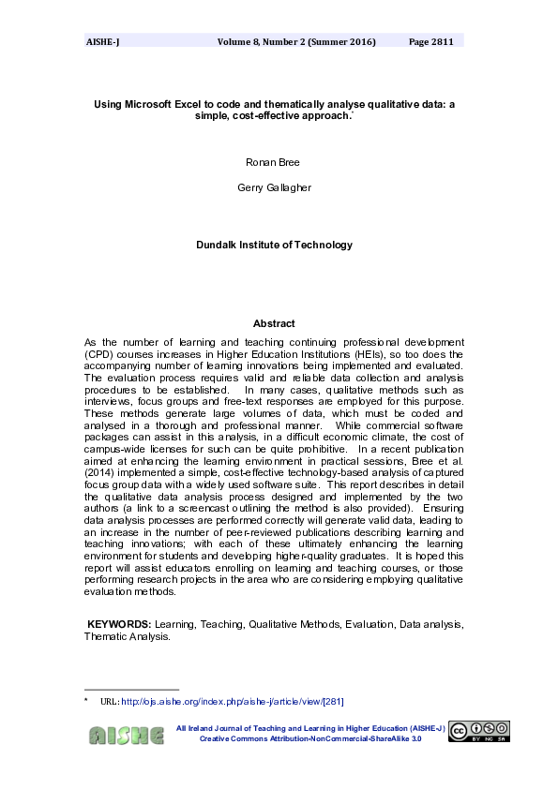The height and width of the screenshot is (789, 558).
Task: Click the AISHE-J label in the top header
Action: point(102,42)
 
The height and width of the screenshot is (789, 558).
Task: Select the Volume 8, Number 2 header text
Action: point(296,42)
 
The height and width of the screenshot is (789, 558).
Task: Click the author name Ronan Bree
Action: point(273,162)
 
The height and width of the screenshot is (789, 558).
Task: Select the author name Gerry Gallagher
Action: point(273,187)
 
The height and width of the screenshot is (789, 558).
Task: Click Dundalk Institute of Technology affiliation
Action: point(274,245)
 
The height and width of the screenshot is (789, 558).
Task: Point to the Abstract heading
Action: point(273,323)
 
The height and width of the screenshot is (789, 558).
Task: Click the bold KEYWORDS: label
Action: point(118,623)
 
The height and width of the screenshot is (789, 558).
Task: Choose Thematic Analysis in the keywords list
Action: point(127,636)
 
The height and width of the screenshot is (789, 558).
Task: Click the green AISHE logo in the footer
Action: point(126,735)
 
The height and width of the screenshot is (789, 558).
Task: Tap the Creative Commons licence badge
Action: point(478,732)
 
